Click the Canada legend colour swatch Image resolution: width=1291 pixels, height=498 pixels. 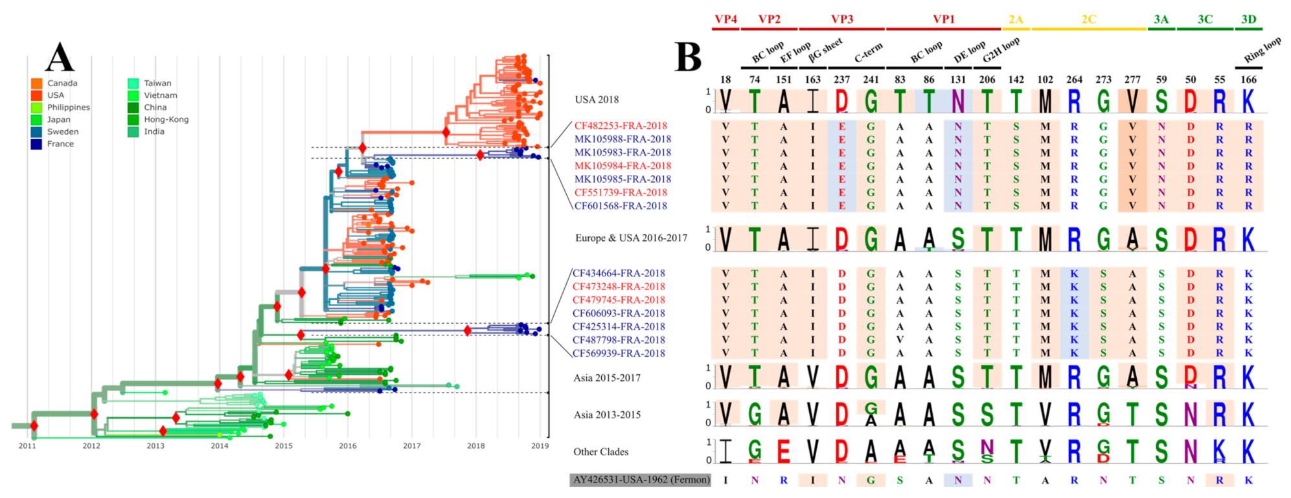click(36, 84)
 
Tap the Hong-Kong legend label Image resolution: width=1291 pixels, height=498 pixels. click(166, 119)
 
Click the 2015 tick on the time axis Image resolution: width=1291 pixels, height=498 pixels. click(283, 446)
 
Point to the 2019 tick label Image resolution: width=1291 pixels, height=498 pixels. click(540, 446)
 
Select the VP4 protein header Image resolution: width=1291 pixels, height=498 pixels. click(725, 19)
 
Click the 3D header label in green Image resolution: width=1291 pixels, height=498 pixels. click(1248, 19)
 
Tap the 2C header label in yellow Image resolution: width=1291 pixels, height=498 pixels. click(1088, 19)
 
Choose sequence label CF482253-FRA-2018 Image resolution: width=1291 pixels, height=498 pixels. click(620, 126)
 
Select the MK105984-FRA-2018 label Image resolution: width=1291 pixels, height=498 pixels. click(622, 166)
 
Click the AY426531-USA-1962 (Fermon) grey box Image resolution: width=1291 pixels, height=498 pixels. click(640, 480)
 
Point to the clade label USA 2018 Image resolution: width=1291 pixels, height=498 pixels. click(597, 100)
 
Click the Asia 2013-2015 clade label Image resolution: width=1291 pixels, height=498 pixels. click(607, 415)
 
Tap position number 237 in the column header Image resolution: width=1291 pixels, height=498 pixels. click(841, 80)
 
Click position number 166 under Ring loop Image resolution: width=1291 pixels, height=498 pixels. click(1248, 80)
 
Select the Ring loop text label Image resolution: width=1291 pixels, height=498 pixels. click(1262, 51)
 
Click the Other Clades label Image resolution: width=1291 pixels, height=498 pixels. click(600, 452)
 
